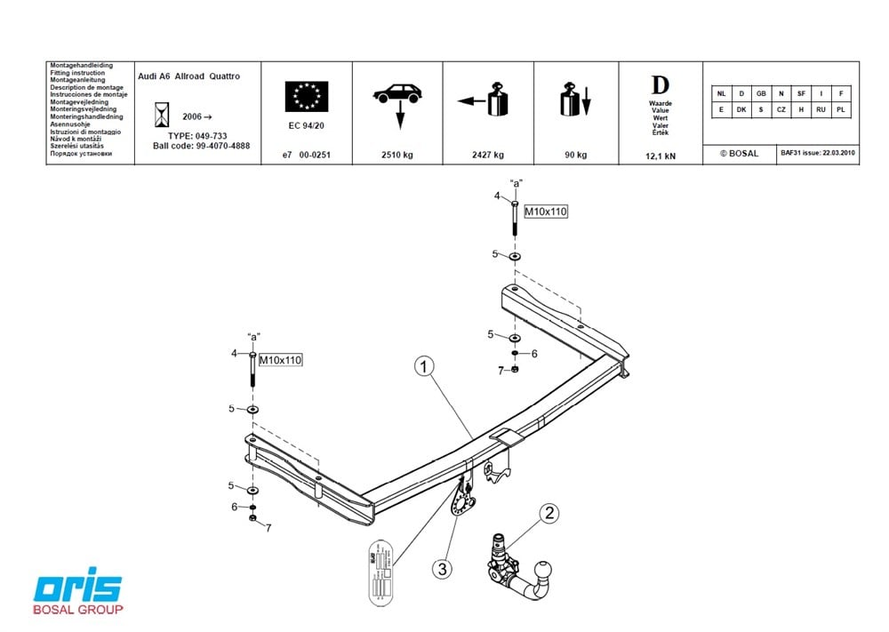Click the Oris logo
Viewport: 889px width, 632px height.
click(78, 589)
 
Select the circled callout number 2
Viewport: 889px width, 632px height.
click(550, 513)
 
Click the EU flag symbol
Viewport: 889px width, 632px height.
click(307, 96)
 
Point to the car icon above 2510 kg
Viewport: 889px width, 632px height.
click(397, 92)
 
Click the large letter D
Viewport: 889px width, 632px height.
click(660, 85)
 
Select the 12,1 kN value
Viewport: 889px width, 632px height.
click(660, 156)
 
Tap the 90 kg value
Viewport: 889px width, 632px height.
click(575, 155)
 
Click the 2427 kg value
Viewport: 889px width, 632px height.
click(487, 155)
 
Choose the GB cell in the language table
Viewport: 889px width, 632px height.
click(761, 93)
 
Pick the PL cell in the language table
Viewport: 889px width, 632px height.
click(840, 109)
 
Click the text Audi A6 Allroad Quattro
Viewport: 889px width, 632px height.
click(189, 76)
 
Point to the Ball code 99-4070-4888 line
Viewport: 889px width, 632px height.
click(201, 145)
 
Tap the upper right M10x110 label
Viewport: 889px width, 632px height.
click(545, 212)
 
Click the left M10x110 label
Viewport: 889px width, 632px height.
click(281, 360)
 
